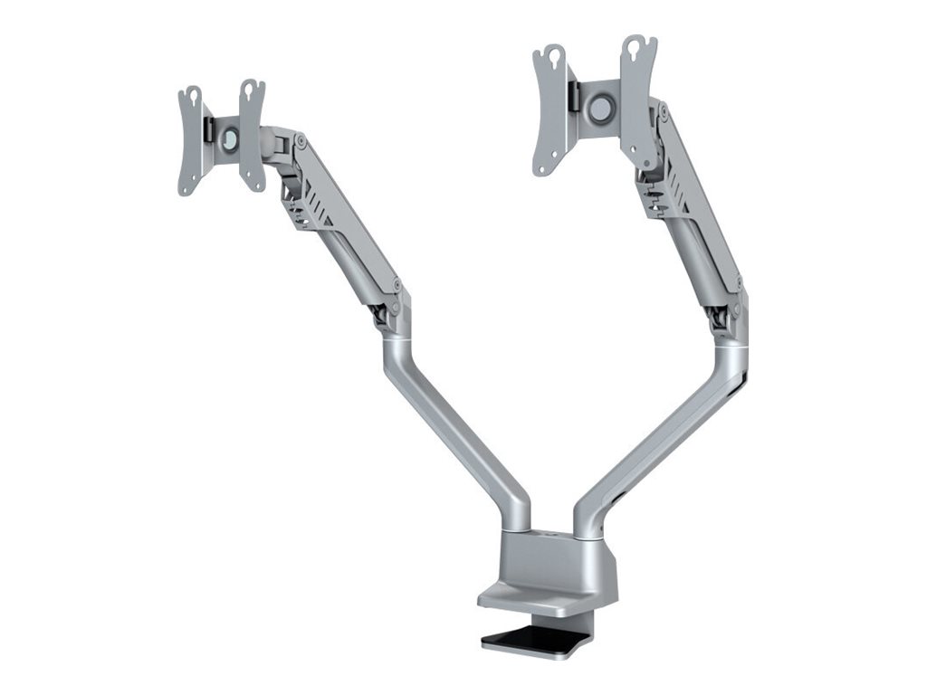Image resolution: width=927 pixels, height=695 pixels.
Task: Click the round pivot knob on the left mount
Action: pyautogui.click(x=229, y=138)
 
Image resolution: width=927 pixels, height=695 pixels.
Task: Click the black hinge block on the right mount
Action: pyautogui.click(x=573, y=95)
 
